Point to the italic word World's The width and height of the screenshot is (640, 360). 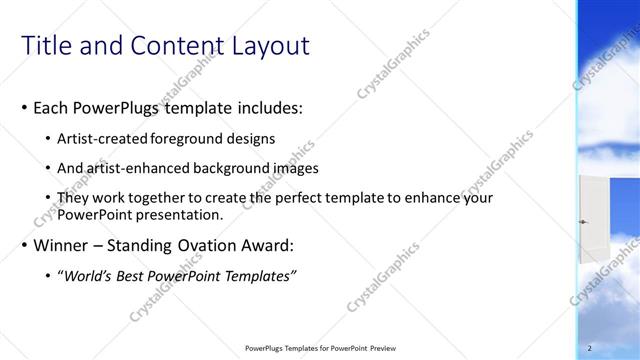[90, 276]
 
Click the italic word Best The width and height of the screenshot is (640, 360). [137, 276]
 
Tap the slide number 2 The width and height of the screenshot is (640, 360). [591, 348]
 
